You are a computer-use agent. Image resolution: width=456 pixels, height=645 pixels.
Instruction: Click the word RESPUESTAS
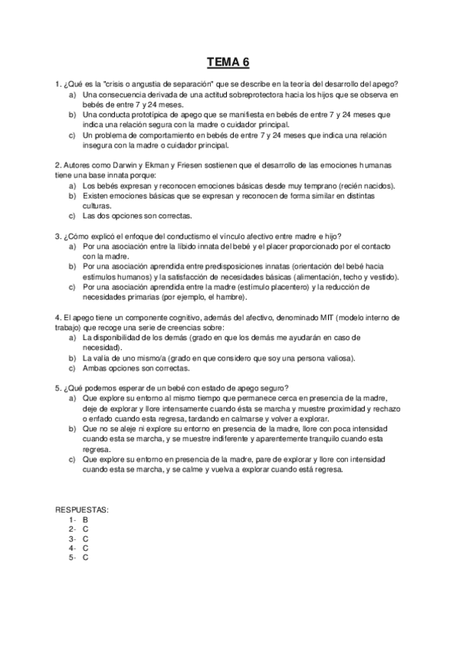[81, 509]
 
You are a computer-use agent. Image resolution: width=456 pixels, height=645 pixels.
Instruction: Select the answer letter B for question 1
[85, 519]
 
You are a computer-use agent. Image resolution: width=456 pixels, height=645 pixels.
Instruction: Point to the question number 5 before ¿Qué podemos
[58, 387]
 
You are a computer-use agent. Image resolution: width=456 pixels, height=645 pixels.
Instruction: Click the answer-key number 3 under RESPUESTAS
[71, 539]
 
